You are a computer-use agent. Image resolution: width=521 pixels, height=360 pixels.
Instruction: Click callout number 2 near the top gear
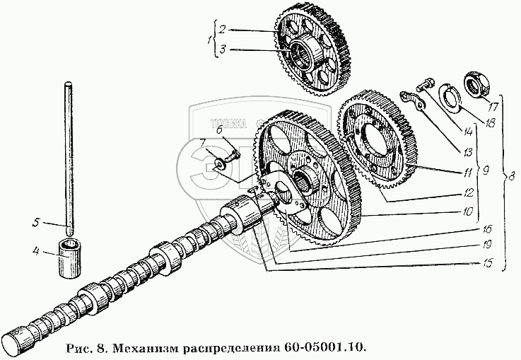(x=221, y=30)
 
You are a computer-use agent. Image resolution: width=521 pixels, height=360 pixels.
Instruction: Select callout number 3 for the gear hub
(x=221, y=50)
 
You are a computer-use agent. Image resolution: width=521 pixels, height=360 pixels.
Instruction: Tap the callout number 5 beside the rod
(x=35, y=223)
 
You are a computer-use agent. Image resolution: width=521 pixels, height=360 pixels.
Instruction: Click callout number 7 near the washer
(x=203, y=144)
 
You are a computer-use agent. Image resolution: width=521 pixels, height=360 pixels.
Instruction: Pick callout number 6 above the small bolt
(x=219, y=129)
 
